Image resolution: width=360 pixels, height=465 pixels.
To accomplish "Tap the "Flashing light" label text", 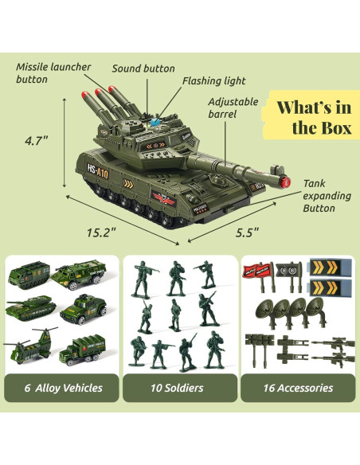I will [213, 81].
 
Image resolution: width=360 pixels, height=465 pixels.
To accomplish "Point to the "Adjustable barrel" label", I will [233, 108].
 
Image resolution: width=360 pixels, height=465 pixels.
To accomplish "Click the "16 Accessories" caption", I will [299, 388].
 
